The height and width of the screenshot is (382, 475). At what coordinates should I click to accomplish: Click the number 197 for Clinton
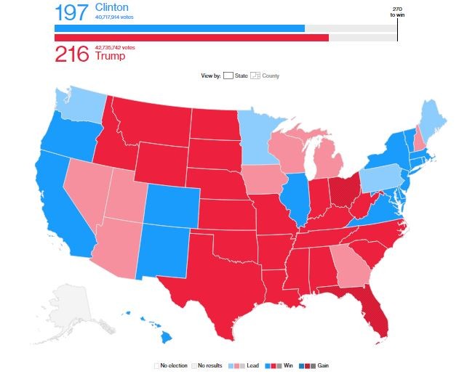coord(71,12)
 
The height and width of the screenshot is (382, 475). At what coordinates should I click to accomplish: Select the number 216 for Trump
coord(71,55)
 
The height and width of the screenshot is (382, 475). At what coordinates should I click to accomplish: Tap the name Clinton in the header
coord(111,7)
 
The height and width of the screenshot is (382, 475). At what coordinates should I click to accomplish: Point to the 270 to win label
coord(398,12)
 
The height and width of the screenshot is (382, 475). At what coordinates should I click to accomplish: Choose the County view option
coord(270,76)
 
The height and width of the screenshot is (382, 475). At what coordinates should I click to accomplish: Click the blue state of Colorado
coord(172,203)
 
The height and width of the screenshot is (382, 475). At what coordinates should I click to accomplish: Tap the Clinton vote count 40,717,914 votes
coord(115,17)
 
